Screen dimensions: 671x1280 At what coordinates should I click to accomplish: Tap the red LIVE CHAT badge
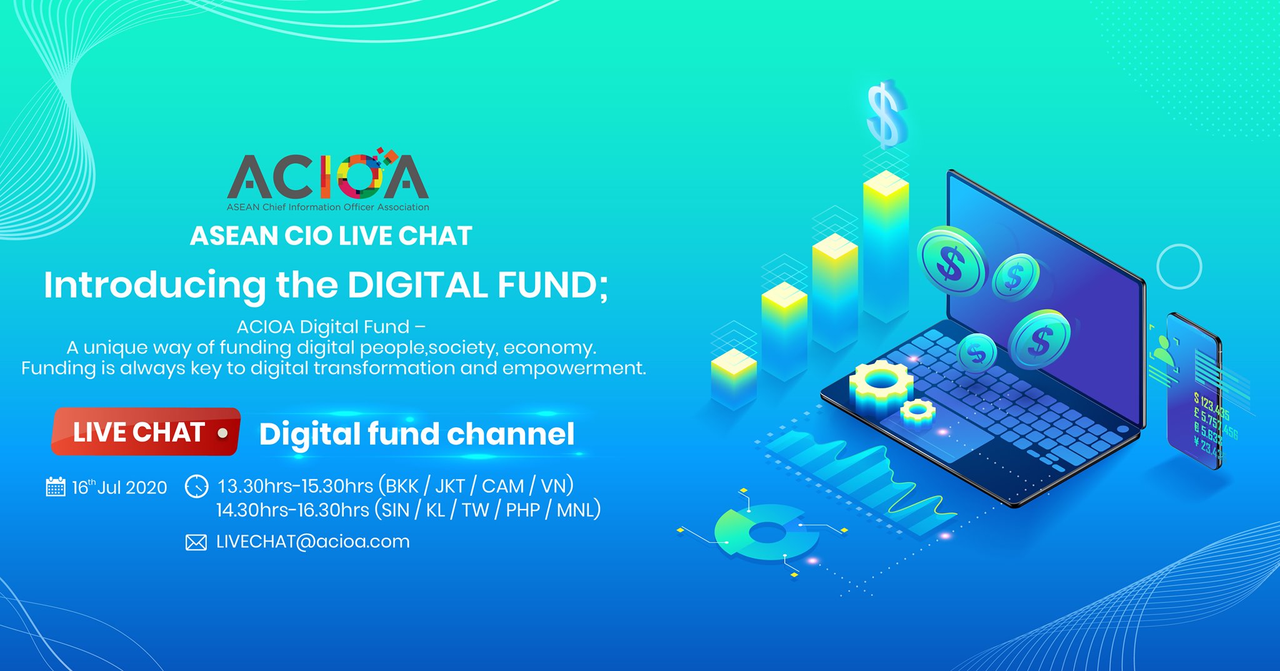[x=146, y=431]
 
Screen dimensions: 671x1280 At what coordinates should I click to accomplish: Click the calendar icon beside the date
[x=56, y=487]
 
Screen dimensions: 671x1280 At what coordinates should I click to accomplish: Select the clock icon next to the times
[x=197, y=487]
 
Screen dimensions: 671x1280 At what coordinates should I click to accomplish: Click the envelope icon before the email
[x=196, y=542]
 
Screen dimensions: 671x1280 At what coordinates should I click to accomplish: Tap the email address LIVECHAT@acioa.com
[x=312, y=542]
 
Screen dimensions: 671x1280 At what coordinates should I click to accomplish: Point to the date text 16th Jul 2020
[x=119, y=487]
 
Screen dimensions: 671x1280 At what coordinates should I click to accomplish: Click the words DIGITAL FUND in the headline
[x=476, y=285]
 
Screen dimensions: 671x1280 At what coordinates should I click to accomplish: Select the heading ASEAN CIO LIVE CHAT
[x=331, y=236]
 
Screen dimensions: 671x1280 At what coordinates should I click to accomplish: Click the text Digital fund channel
[x=416, y=434]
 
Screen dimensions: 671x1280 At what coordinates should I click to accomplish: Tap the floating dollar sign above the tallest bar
[x=886, y=114]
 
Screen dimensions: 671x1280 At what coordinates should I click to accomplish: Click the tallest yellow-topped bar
[x=886, y=244]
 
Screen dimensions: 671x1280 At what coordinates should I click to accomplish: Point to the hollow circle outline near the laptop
[x=1179, y=266]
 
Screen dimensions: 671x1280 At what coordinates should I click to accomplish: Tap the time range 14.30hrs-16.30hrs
[x=292, y=510]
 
